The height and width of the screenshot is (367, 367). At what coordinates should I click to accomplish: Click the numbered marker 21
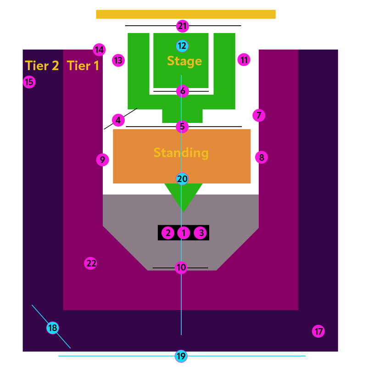pos(183,26)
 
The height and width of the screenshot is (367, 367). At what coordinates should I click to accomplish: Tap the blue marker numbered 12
pos(182,46)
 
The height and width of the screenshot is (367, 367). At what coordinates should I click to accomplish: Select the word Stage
pos(184,61)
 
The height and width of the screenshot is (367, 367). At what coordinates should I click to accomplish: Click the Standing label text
pos(181,153)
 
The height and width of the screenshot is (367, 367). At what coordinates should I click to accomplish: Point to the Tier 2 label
pos(42,66)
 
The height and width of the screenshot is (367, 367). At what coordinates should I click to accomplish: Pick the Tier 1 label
pos(83,66)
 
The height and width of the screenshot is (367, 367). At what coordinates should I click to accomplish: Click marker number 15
pos(29,82)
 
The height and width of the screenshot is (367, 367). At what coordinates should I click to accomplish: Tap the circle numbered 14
pos(99,50)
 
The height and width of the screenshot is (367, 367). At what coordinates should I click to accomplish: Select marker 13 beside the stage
pos(118,60)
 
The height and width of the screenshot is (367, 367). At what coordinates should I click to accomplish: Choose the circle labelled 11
pos(244,60)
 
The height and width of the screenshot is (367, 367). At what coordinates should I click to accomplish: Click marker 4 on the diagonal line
pos(118,120)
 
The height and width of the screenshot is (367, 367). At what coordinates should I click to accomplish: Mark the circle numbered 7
pos(259,115)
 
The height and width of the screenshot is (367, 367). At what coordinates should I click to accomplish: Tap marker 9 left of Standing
pos(102,160)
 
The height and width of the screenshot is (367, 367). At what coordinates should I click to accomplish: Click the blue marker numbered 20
pos(182,179)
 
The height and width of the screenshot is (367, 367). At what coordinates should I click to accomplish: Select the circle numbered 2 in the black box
pos(168,233)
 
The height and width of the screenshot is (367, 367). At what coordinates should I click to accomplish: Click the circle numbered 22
pos(91,263)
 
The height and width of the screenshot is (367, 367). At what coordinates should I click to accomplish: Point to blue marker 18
pos(53,328)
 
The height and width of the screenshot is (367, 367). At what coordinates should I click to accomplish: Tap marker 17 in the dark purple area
pos(318,331)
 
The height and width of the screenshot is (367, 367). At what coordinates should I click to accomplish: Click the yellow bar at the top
pos(186,14)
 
